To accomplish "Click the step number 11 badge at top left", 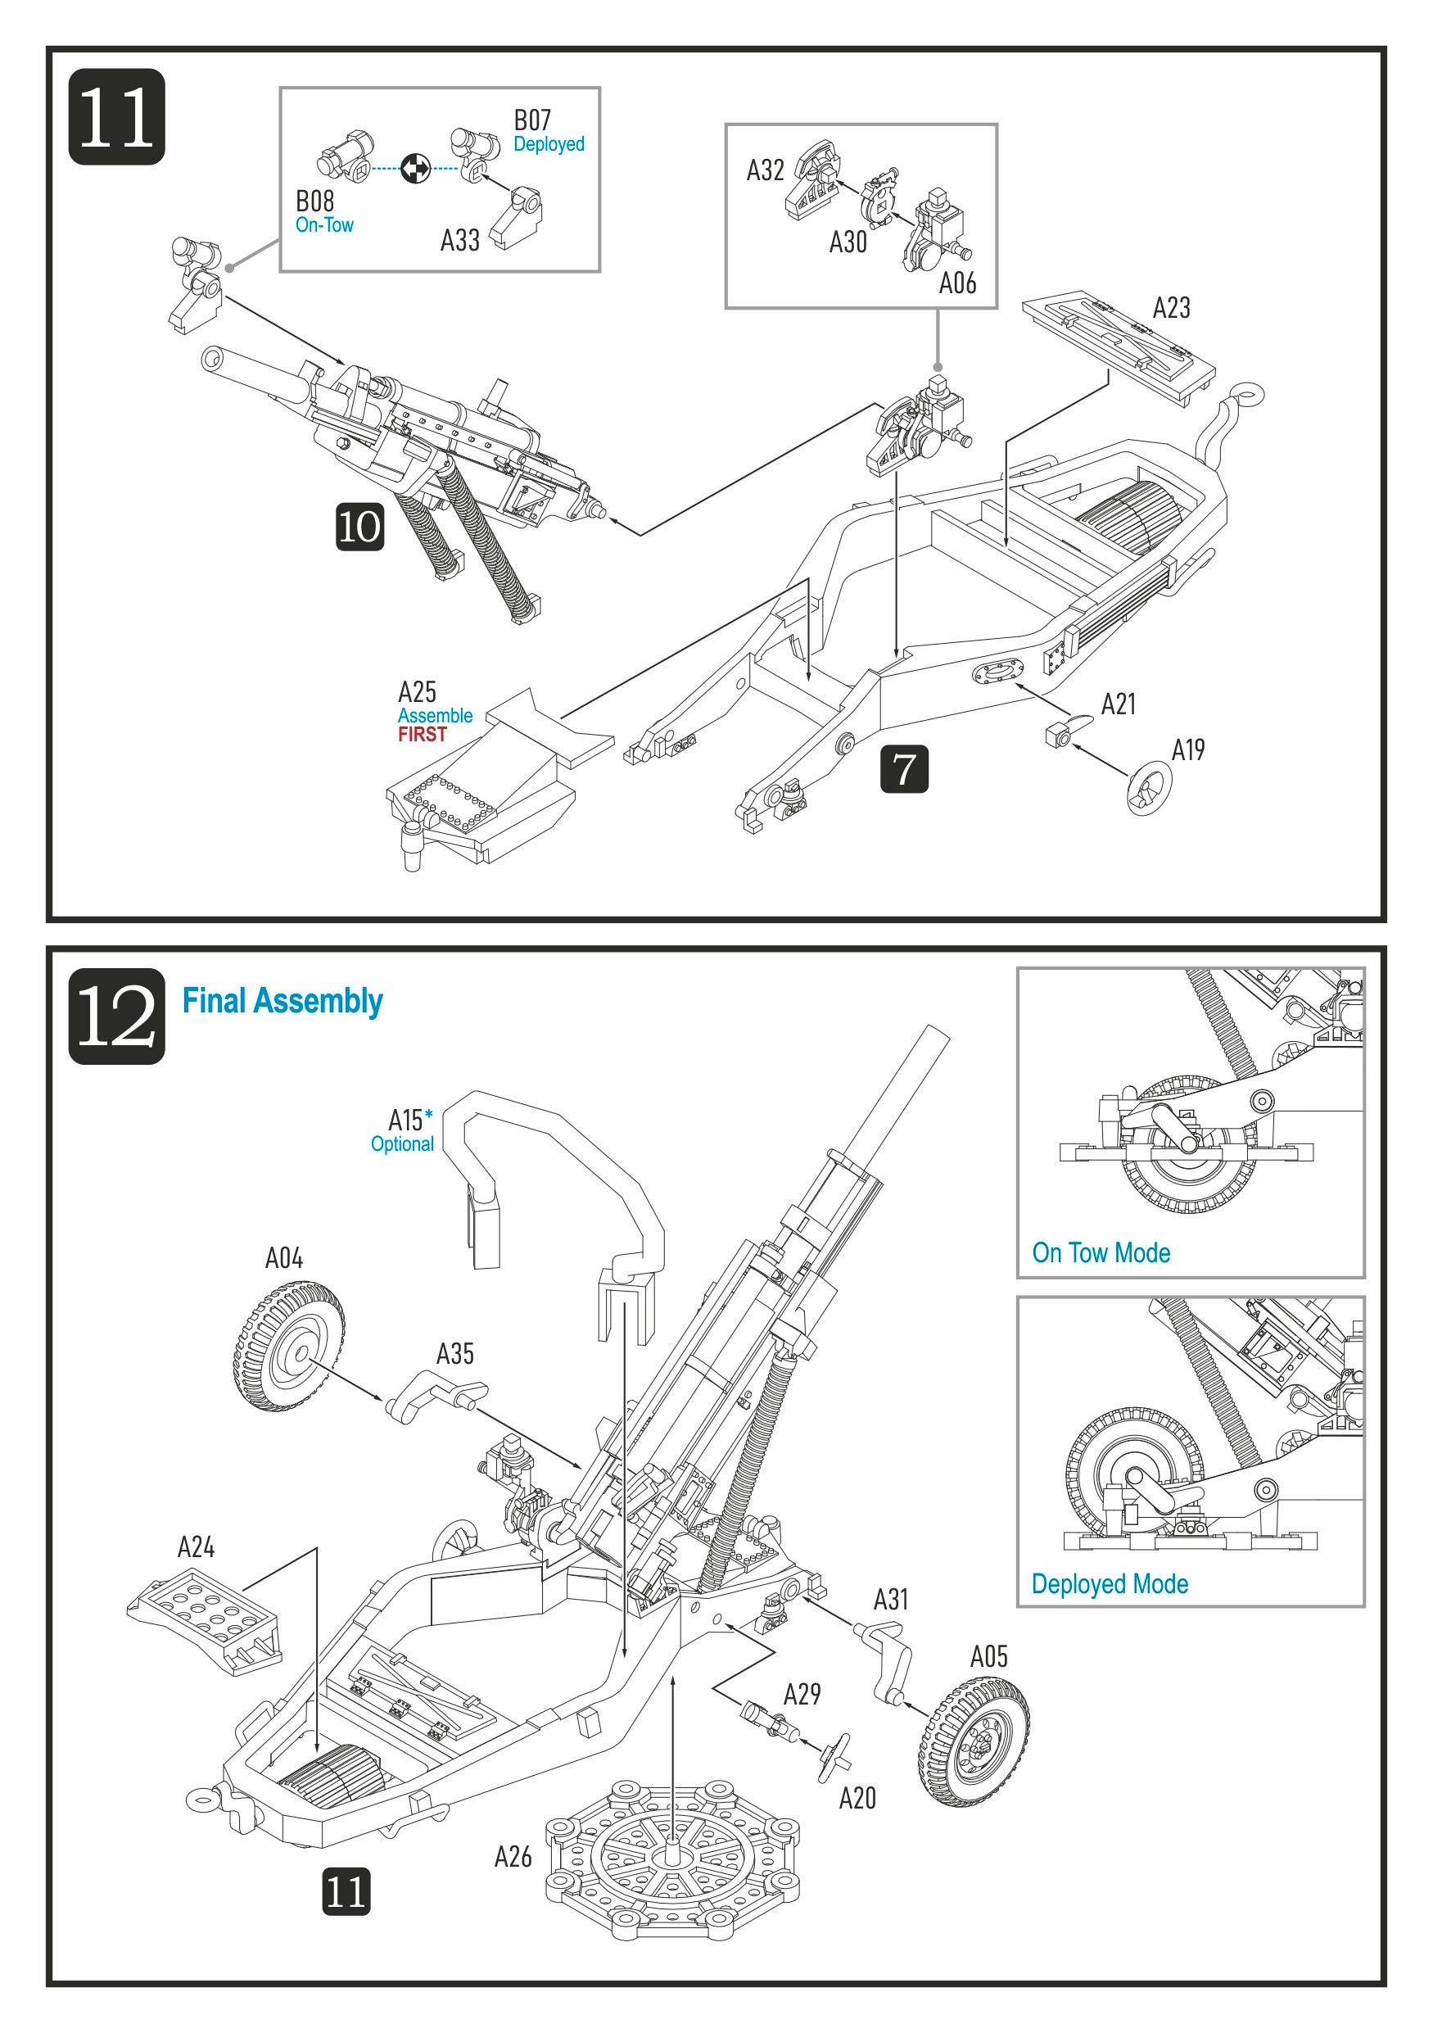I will (116, 117).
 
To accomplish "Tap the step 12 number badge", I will (116, 1016).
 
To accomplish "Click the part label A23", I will (1170, 308).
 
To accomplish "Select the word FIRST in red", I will (423, 735).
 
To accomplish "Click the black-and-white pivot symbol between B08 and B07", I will (415, 167).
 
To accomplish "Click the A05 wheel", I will (974, 1741).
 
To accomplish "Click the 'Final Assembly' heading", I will (282, 1002).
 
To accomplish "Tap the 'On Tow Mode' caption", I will (1101, 1253).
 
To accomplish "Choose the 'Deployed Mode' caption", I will (1109, 1584).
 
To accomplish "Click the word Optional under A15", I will (402, 1144).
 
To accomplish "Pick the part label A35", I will (454, 1354).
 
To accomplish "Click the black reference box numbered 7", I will (904, 768).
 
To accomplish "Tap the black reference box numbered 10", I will (359, 527).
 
